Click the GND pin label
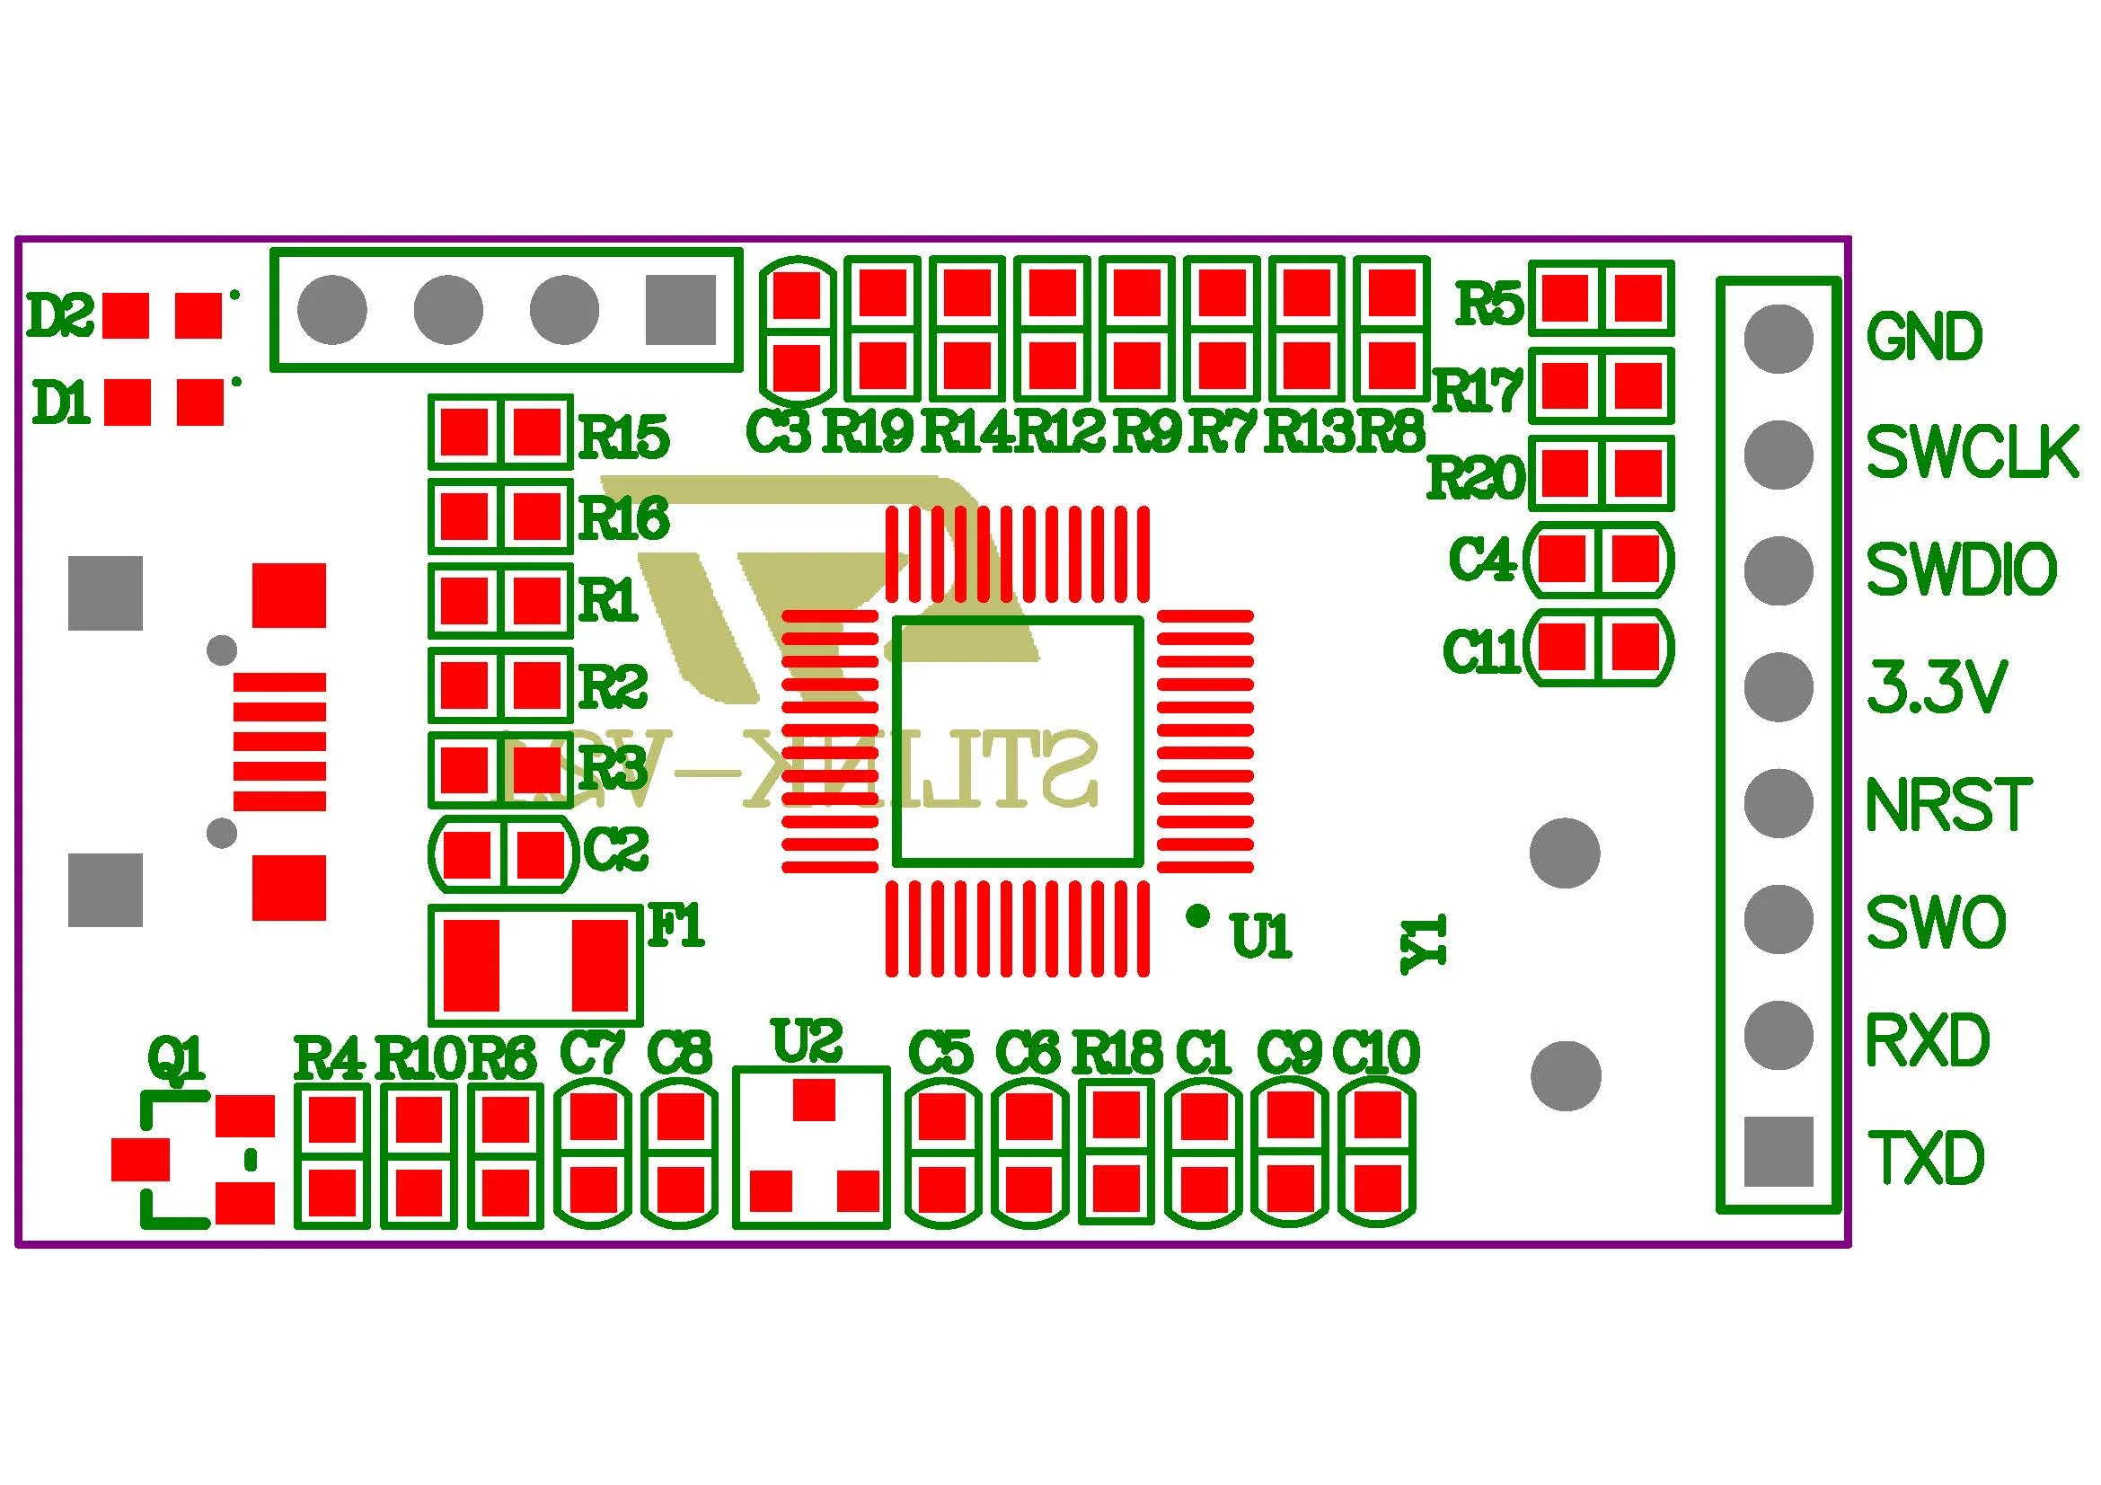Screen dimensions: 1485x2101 pyautogui.click(x=1923, y=337)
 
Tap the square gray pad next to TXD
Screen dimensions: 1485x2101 pyautogui.click(x=1778, y=1151)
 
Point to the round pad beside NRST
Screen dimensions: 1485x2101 pyautogui.click(x=1778, y=803)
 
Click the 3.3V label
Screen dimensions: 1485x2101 pyautogui.click(x=1937, y=686)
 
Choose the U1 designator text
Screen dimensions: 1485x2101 pyautogui.click(x=1261, y=936)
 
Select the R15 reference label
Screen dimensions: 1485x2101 pyautogui.click(x=624, y=437)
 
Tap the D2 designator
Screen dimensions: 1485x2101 pyautogui.click(x=60, y=315)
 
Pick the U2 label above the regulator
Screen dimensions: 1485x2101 pyautogui.click(x=806, y=1040)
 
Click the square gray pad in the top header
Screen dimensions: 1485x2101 pyautogui.click(x=680, y=310)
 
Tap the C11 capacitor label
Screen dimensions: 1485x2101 pyautogui.click(x=1481, y=651)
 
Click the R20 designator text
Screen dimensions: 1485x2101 pyautogui.click(x=1476, y=477)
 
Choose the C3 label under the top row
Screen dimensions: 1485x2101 pyautogui.click(x=779, y=432)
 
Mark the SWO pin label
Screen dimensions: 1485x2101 pyautogui.click(x=1935, y=923)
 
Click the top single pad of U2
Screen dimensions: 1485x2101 pyautogui.click(x=814, y=1100)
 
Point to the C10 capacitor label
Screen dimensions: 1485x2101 pyautogui.click(x=1376, y=1052)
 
